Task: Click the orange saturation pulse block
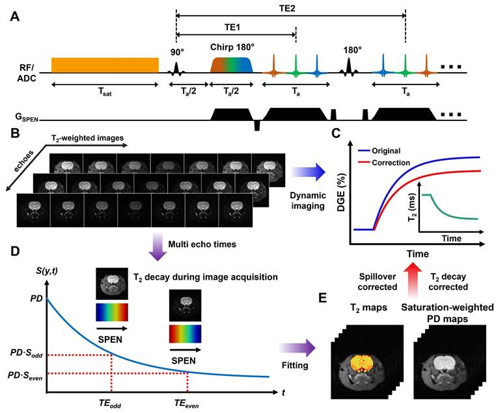pyautogui.click(x=105, y=64)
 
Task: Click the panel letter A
pyautogui.click(x=14, y=16)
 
